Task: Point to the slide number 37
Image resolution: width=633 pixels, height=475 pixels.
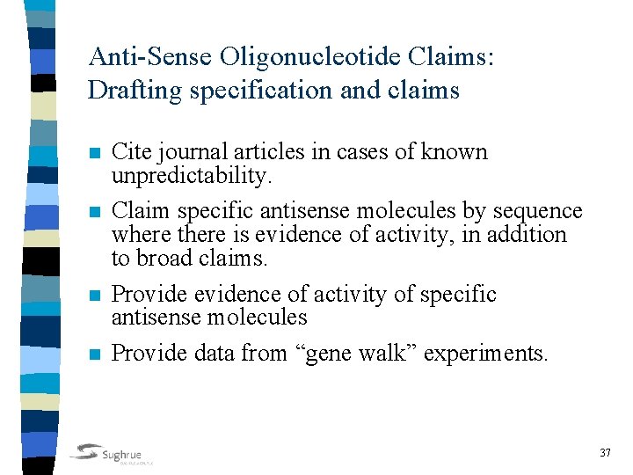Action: click(605, 452)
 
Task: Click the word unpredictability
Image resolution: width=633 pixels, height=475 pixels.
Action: click(190, 175)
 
